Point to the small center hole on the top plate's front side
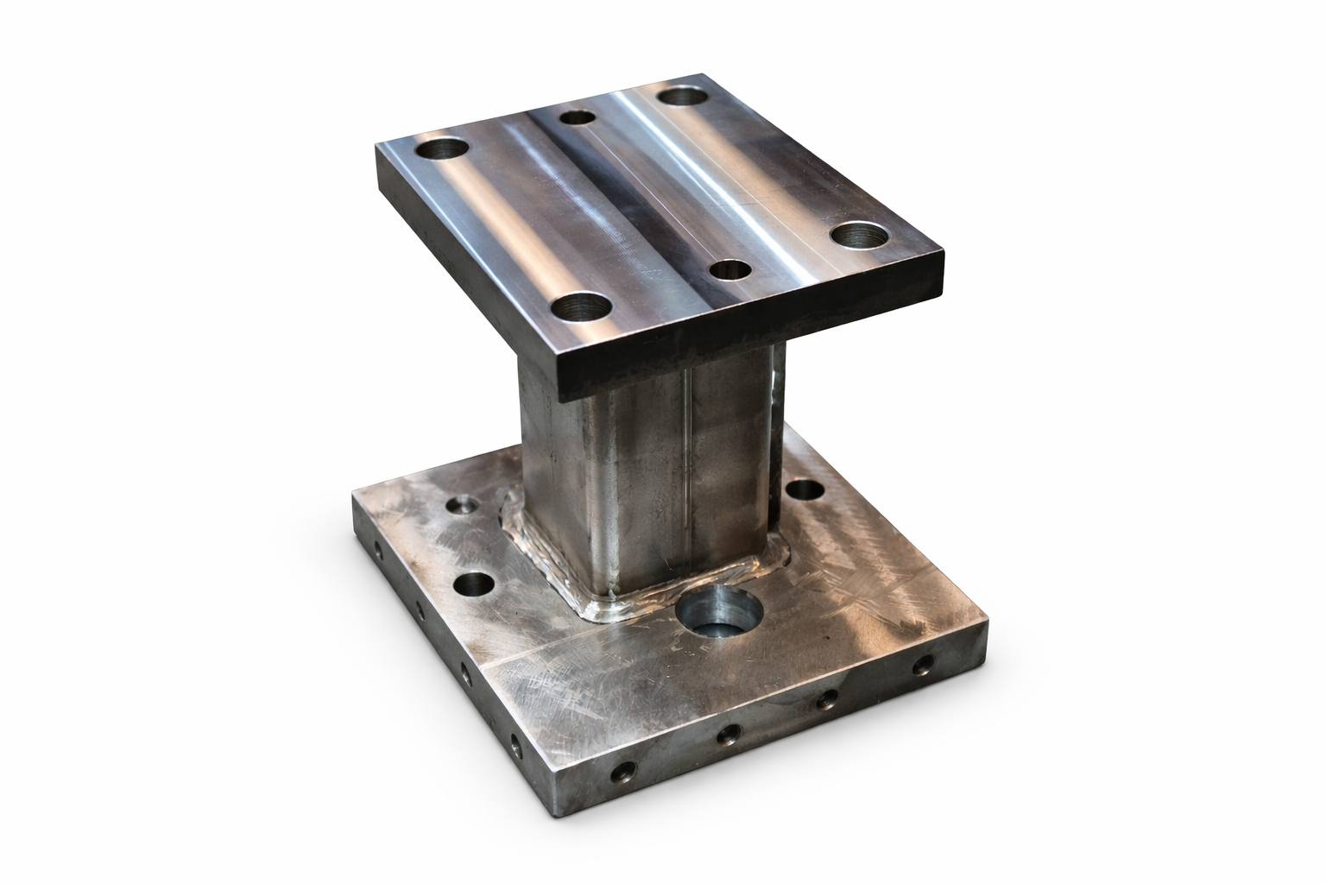[x=728, y=269]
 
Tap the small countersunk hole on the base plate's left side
[x=463, y=504]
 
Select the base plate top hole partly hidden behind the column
[x=805, y=490]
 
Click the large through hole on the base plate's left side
[x=473, y=585]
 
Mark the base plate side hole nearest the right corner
[x=924, y=665]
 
